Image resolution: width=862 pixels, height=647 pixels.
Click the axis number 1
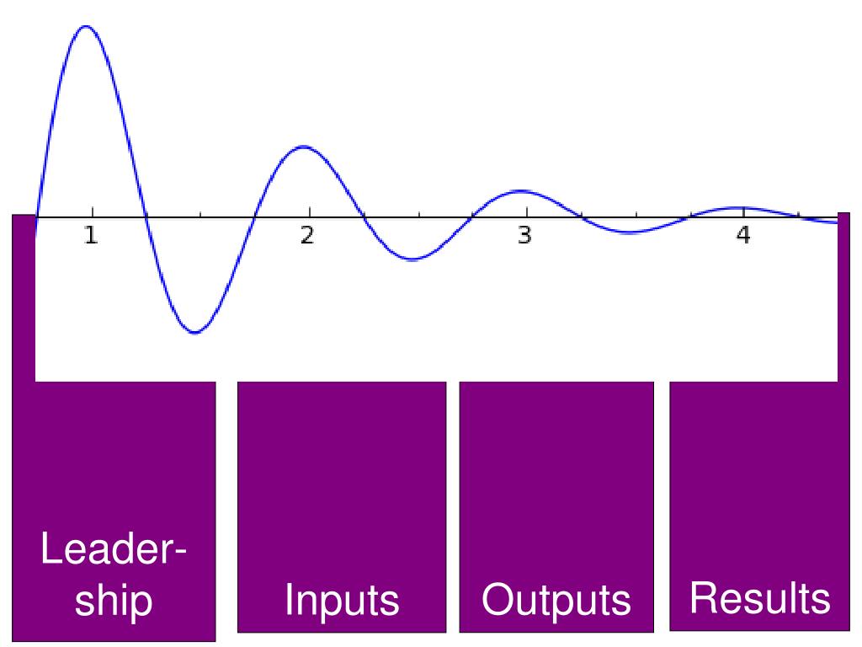91,237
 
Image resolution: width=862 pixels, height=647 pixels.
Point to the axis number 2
308,237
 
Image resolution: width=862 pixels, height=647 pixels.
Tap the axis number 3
524,237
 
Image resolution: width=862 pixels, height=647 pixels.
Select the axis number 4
742,237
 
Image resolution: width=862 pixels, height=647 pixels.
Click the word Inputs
342,601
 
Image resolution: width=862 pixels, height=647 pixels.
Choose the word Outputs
556,601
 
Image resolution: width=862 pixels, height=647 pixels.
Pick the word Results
759,598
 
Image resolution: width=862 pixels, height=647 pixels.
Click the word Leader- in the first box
114,552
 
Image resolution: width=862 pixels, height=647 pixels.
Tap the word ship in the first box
114,601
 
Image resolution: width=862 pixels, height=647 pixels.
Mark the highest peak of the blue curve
85,26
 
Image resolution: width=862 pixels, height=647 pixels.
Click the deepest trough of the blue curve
195,333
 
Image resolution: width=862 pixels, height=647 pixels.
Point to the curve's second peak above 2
303,147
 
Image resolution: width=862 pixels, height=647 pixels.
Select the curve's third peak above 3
521,191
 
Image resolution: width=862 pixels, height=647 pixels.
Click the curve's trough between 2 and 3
412,259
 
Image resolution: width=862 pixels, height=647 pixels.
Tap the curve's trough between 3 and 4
628,232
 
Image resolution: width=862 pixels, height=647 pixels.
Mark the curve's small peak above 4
739,207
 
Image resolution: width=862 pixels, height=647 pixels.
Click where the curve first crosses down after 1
146,217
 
